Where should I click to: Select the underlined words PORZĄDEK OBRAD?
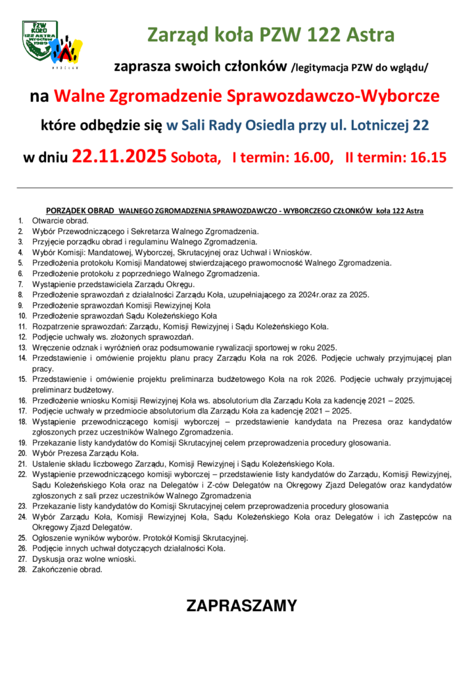[x=81, y=210]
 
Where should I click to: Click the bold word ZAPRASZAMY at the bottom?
[x=241, y=605]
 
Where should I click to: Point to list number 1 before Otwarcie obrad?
[x=21, y=221]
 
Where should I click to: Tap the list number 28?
[x=22, y=569]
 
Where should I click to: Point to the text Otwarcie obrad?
[x=60, y=221]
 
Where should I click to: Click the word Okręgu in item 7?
[x=179, y=284]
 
